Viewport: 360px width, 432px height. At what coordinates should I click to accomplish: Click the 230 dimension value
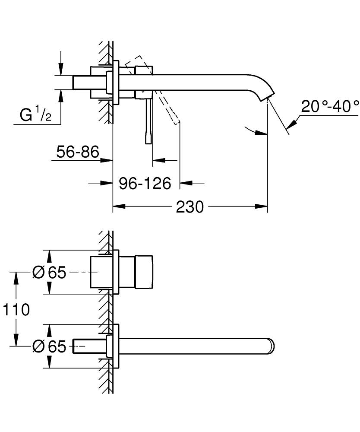(189, 207)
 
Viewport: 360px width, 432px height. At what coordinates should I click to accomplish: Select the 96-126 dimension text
(145, 183)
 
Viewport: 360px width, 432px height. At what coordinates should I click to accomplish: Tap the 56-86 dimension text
(78, 152)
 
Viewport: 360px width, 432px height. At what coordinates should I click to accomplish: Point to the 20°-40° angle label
(330, 106)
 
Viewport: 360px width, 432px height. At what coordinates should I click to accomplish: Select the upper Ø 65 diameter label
(49, 272)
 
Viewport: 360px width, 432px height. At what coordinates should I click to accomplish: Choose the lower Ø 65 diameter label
(49, 346)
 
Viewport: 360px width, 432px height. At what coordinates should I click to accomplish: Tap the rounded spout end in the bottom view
(272, 346)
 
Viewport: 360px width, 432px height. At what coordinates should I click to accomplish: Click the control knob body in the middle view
(144, 272)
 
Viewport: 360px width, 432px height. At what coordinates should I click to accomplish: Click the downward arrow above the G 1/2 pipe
(61, 69)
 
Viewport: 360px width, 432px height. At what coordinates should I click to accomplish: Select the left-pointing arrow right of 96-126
(186, 183)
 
